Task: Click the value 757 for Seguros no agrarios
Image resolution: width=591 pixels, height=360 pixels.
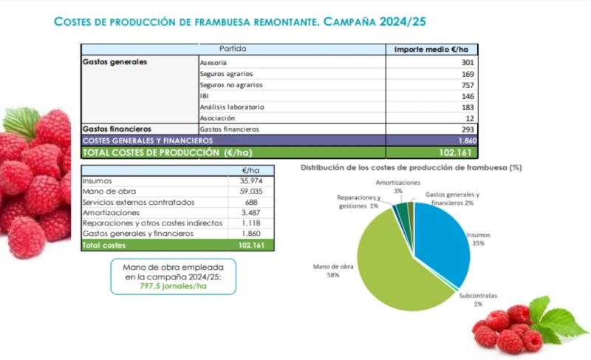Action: [x=468, y=85]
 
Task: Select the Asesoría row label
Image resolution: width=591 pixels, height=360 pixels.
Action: [x=213, y=63]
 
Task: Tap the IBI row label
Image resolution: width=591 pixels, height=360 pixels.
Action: [x=204, y=96]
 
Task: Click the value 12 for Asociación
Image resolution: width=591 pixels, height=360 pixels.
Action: [x=470, y=118]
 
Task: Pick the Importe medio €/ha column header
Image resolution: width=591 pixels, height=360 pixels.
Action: [x=431, y=50]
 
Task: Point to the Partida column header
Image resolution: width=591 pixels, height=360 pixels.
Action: [x=233, y=49]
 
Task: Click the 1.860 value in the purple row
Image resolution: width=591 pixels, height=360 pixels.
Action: [x=468, y=140]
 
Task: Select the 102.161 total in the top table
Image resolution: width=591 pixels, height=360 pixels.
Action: [x=455, y=153]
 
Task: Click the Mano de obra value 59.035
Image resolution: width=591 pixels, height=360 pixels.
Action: [x=251, y=191]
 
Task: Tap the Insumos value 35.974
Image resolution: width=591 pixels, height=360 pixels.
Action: [x=251, y=181]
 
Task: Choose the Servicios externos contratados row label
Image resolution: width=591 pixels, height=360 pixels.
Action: [x=138, y=202]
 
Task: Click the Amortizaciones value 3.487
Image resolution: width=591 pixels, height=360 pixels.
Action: [x=251, y=213]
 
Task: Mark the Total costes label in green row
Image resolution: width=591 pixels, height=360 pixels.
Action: [x=104, y=245]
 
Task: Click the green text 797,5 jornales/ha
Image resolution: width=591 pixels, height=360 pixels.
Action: [x=174, y=286]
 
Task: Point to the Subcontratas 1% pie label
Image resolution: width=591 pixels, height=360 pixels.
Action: [x=478, y=299]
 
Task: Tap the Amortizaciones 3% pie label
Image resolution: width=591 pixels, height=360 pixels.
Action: [x=398, y=186]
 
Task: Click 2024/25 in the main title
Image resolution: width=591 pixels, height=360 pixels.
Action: [x=403, y=21]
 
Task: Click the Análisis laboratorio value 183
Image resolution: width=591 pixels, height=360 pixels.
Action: [x=468, y=107]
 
